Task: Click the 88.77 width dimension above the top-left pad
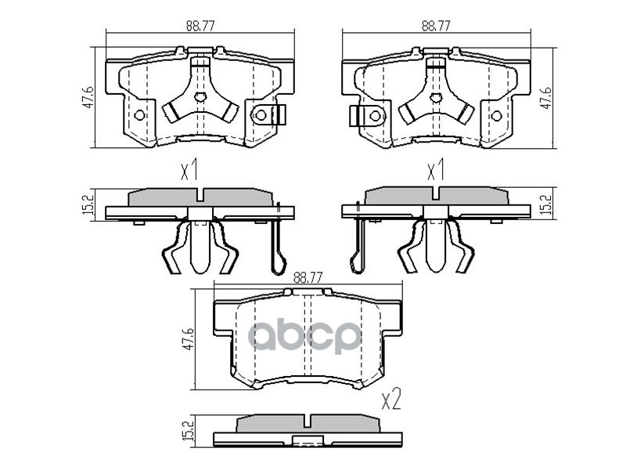click(200, 26)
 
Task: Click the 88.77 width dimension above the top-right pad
click(436, 26)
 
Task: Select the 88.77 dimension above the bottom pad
click(308, 277)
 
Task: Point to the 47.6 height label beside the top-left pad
click(88, 96)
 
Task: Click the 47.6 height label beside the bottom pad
click(188, 339)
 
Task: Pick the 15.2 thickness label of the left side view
click(89, 204)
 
